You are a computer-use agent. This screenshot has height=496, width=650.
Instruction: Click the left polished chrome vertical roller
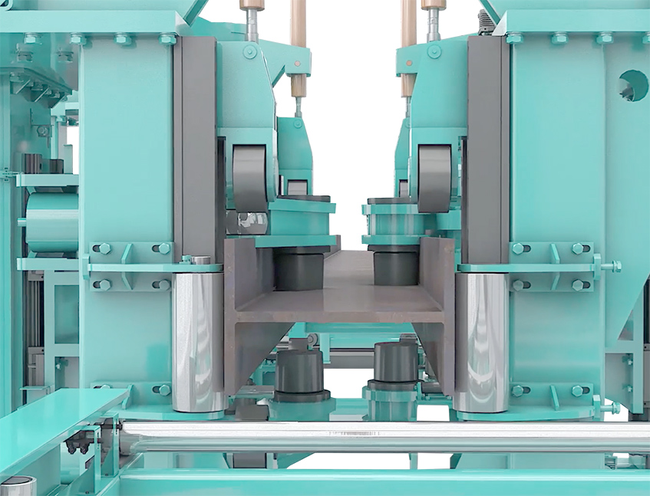pos(197,341)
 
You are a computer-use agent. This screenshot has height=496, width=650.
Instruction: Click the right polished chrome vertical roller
pos(481,341)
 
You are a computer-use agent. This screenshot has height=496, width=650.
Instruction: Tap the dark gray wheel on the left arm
pos(249,177)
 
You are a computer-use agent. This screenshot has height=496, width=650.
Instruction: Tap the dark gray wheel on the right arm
pos(434,177)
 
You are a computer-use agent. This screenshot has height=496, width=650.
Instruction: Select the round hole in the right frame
pos(633,85)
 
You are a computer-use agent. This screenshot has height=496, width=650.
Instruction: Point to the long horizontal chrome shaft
pos(384,437)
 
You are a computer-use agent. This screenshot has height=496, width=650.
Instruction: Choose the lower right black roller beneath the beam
pos(395,364)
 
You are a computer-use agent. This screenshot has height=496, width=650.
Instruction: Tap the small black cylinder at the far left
pos(32,163)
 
